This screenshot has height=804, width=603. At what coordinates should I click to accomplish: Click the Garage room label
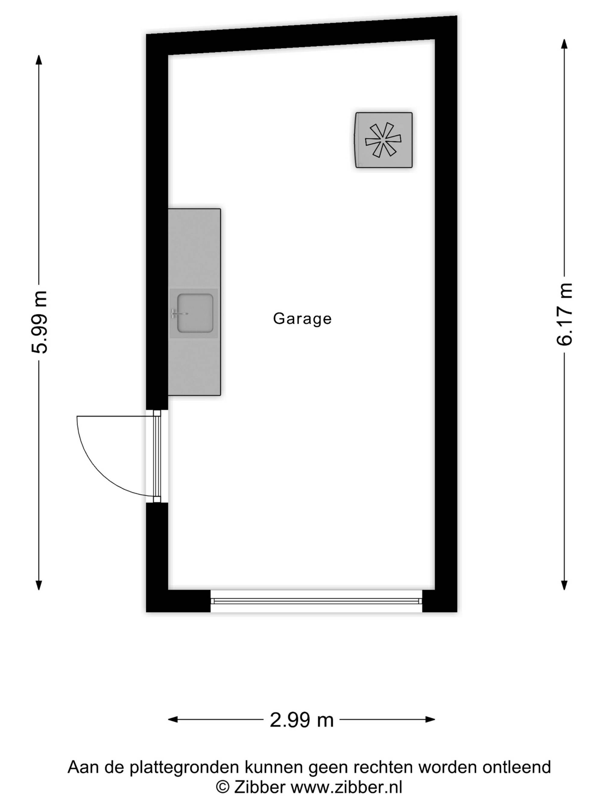[x=302, y=319]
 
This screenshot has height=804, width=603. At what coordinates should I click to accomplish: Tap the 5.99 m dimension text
[x=39, y=322]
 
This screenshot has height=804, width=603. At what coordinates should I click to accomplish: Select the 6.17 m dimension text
[x=564, y=314]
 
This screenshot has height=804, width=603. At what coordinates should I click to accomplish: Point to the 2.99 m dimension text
[x=302, y=720]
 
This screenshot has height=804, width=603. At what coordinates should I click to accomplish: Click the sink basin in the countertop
[x=195, y=313]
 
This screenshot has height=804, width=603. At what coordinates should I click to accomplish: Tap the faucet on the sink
[x=179, y=313]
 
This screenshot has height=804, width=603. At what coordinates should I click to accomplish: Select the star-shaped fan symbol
[x=383, y=140]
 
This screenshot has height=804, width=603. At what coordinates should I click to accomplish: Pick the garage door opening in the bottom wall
[x=316, y=601]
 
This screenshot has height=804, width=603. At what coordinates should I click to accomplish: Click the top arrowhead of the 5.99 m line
[x=39, y=60]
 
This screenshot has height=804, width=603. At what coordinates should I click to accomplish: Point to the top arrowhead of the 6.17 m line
[x=564, y=44]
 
